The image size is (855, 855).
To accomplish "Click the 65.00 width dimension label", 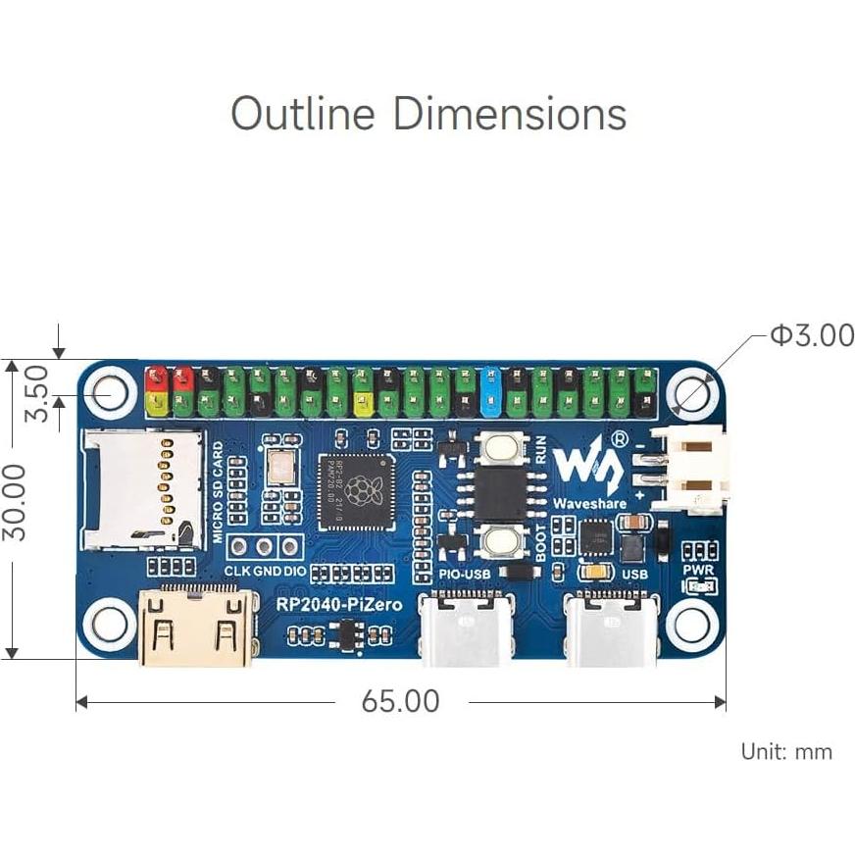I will (400, 702).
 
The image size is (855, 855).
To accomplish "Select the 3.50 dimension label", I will (36, 392).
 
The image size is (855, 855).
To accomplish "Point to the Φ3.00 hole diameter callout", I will (812, 335).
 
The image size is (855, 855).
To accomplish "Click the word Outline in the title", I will (303, 114).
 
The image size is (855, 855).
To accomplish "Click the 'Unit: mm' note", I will (786, 752).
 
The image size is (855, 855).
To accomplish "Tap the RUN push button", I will (502, 450).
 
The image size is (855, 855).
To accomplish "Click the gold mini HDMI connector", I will (195, 628).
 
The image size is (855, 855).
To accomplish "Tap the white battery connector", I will (689, 470).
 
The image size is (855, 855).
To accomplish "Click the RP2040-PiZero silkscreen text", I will (338, 605).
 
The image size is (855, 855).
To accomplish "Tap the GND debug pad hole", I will (265, 548).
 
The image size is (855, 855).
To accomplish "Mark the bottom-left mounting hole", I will (108, 621).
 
